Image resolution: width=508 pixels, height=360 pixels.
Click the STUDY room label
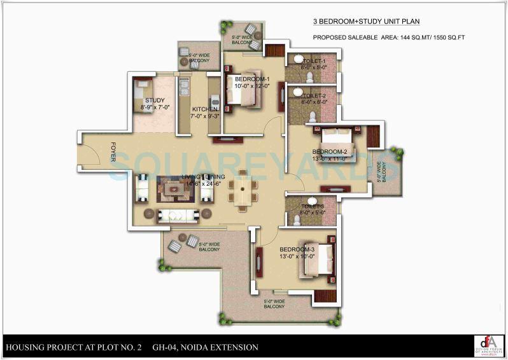155,100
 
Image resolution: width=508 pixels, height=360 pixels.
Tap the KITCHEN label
205,109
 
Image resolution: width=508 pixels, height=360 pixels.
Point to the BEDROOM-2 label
329,151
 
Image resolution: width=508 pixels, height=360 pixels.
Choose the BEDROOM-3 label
297,249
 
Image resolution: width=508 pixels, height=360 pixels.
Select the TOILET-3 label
314,207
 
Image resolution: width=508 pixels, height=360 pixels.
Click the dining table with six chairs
243,190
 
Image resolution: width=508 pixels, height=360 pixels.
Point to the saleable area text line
397,38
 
